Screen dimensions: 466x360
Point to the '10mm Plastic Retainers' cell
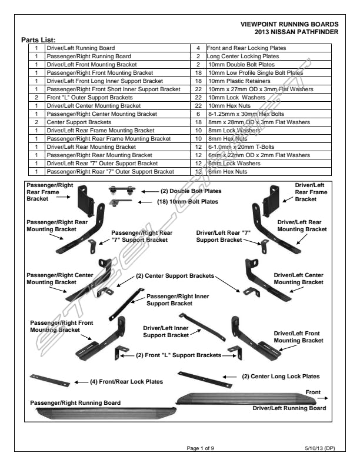tap(238, 81)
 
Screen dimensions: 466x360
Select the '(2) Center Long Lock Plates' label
tap(281, 376)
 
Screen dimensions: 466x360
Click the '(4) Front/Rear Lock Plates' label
tap(126, 382)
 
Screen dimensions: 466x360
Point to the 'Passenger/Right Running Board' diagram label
tap(75, 403)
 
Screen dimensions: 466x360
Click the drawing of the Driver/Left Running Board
tap(247, 398)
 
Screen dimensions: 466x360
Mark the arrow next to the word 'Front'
tap(327, 398)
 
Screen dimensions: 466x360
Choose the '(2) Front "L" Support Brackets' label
tap(178, 355)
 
